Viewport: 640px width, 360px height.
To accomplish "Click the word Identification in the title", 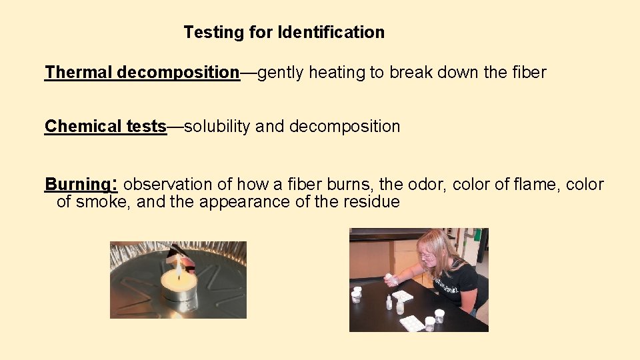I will (x=331, y=32).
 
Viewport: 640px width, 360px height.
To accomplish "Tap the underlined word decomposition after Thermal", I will (x=178, y=72).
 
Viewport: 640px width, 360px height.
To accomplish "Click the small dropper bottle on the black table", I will (x=388, y=303).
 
